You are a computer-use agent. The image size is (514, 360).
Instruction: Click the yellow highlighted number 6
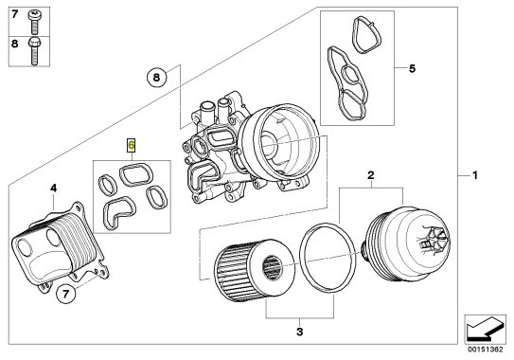pos(132,145)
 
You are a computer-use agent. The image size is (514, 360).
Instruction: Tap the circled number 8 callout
pos(156,78)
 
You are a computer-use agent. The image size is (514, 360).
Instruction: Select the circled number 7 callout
pos(66,294)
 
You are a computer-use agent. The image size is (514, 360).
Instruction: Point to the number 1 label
pos(474,175)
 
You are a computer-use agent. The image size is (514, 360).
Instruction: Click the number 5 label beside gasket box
pos(412,68)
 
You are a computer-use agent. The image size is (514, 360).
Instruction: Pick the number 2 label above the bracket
pos(371,175)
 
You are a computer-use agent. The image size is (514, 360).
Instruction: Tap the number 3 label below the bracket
pos(300,332)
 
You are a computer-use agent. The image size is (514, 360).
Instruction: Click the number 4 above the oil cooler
pos(53,188)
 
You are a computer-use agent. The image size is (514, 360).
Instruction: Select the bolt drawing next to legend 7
pos(34,22)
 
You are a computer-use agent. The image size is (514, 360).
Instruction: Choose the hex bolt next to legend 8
pos(34,51)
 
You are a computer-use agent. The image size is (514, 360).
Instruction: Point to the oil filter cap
pos(407,243)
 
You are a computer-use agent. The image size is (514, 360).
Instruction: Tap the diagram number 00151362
pos(486,350)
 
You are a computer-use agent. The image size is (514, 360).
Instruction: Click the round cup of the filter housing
pos(278,143)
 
